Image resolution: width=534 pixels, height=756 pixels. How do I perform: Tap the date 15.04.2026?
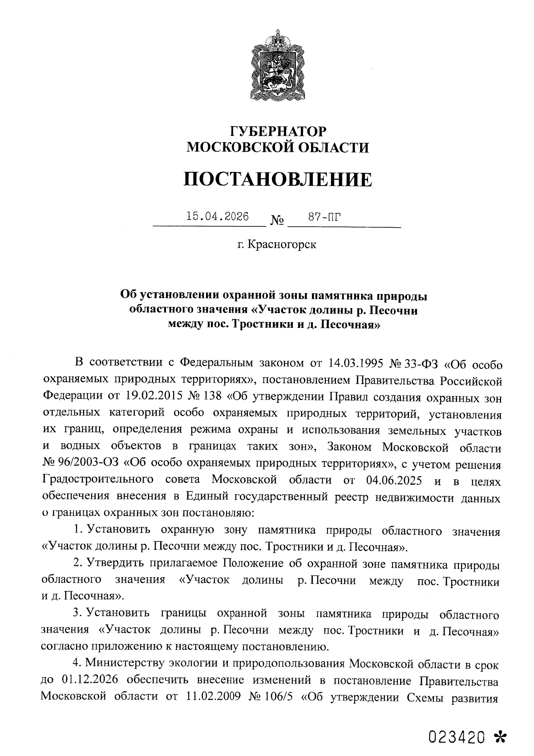(x=217, y=217)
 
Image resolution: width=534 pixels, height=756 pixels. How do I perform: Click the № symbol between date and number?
(x=277, y=221)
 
